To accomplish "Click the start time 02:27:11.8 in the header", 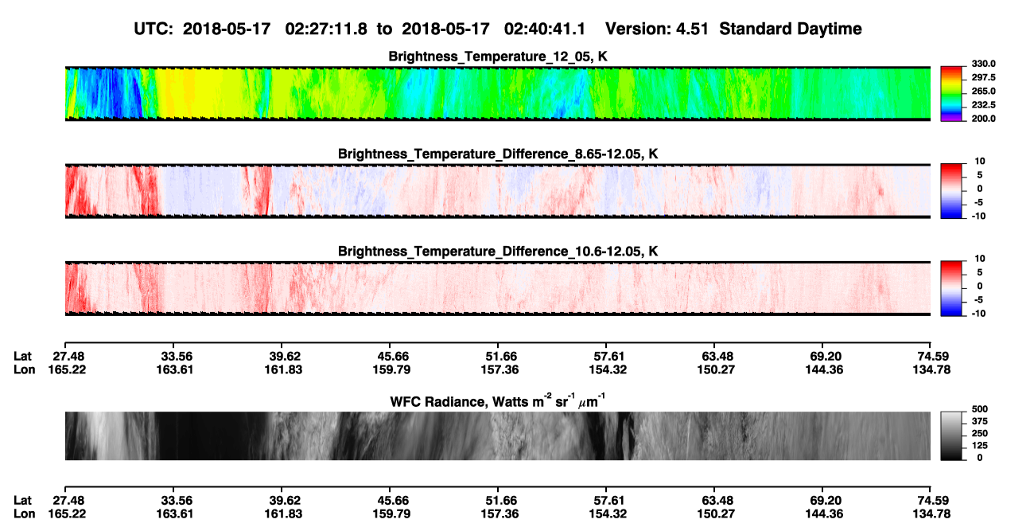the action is click(326, 29).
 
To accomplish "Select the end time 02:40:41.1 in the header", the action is click(545, 29).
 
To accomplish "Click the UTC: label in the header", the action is click(154, 29).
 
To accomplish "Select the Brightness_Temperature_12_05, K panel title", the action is click(498, 57).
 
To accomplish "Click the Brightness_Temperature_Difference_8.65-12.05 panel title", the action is click(498, 154).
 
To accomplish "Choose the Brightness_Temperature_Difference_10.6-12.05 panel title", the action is click(498, 252).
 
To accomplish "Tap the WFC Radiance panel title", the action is click(498, 401).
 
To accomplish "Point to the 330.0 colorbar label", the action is click(983, 64).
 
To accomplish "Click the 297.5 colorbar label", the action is click(983, 77).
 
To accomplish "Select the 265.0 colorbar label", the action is click(983, 91).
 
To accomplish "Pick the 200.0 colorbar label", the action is click(983, 119).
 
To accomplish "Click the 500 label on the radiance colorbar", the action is click(979, 409).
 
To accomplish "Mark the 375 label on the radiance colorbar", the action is click(979, 421).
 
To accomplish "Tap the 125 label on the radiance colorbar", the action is click(979, 446).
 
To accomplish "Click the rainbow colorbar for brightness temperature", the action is click(951, 94).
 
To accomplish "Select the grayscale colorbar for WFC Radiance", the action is click(951, 435).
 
